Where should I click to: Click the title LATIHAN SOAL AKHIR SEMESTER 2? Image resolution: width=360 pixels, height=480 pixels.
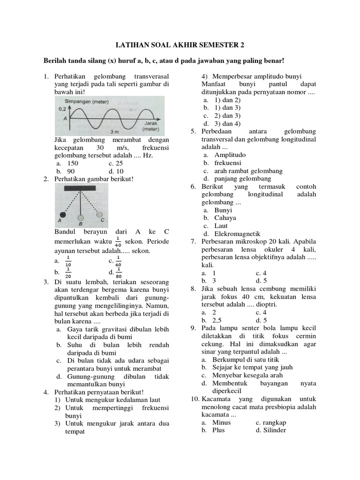pyautogui.click(x=180, y=45)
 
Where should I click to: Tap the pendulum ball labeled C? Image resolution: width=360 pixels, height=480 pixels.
pyautogui.click(x=99, y=215)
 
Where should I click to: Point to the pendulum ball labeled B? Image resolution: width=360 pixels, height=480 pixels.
pyautogui.click(x=81, y=217)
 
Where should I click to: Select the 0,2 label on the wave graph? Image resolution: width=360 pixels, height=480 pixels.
pyautogui.click(x=62, y=108)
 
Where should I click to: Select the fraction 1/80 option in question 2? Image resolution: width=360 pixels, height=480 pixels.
pyautogui.click(x=119, y=271)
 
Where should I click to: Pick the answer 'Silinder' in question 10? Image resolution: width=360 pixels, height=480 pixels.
pyautogui.click(x=270, y=430)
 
